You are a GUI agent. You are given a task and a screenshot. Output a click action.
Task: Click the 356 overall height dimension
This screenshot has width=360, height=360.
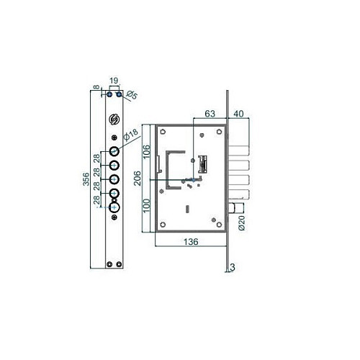(86, 179)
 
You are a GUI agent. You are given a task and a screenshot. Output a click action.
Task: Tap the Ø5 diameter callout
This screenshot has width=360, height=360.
(132, 95)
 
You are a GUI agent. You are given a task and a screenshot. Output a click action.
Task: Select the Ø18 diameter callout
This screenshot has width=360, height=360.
(131, 135)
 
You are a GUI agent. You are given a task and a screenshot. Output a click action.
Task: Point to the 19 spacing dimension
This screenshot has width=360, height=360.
(114, 81)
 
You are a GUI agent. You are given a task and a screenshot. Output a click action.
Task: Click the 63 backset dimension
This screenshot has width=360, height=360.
(210, 114)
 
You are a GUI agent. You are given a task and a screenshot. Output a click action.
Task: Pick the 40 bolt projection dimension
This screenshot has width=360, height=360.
(238, 114)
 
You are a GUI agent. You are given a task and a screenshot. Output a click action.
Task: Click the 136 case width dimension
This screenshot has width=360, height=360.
(191, 241)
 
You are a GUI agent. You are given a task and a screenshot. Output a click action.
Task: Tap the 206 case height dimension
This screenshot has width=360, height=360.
(137, 178)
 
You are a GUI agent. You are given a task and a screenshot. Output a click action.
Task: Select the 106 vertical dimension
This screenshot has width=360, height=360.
(147, 151)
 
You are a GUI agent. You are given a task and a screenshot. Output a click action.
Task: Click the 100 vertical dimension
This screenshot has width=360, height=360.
(147, 205)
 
